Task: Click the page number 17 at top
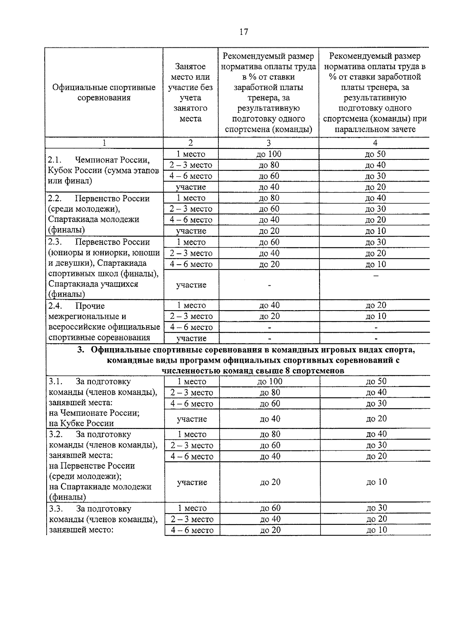(244, 32)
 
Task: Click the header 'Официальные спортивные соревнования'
(104, 92)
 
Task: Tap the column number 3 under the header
(268, 143)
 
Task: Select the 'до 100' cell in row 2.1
(269, 154)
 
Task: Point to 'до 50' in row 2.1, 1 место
(375, 154)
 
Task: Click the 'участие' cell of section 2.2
(191, 231)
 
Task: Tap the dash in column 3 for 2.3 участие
(269, 285)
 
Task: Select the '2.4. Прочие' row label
(77, 306)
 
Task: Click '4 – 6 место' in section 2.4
(191, 327)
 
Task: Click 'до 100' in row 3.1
(270, 381)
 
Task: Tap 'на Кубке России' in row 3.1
(81, 423)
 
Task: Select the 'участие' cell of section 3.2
(192, 482)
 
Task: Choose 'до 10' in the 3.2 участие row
(376, 482)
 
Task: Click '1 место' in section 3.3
(192, 508)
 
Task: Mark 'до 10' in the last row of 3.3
(376, 530)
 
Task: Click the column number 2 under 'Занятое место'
(191, 143)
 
